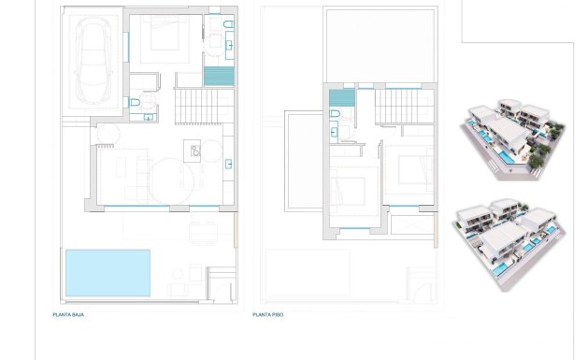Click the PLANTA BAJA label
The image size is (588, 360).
coord(68,315)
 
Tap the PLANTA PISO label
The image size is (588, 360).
coord(268,315)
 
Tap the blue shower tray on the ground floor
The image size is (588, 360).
coord(217,76)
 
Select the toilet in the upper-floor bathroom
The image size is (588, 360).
coord(336,115)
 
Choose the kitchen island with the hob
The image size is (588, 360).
coord(194,151)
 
